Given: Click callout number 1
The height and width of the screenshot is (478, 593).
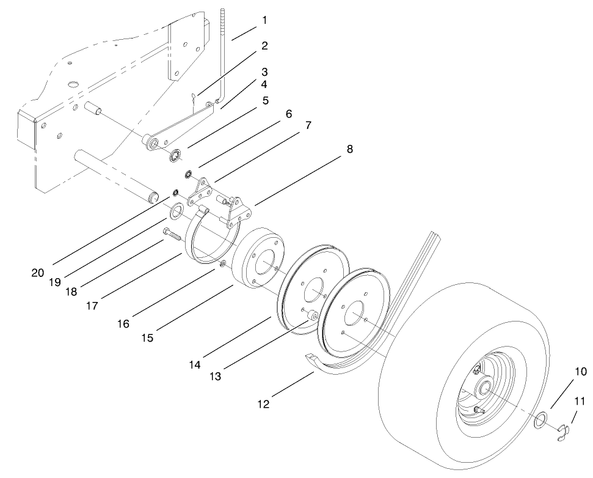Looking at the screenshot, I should coord(264,20).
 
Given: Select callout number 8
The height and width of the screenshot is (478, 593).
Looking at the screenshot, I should coord(349,149).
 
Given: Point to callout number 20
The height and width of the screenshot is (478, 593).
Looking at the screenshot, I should coord(37,273).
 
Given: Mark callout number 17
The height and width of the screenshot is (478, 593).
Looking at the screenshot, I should coord(92,306).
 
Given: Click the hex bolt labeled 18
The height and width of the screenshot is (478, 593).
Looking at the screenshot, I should coord(170,233).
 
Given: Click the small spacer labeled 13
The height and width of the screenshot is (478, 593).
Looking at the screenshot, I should coord(313,315).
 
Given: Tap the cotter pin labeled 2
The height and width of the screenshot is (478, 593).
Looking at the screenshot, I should coord(193,98).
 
